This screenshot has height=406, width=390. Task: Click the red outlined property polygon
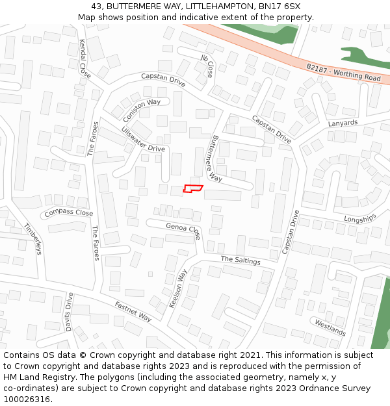click(193, 188)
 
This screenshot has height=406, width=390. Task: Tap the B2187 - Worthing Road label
click(343, 72)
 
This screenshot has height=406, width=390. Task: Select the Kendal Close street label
click(85, 58)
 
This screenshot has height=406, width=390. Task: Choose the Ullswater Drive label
click(143, 139)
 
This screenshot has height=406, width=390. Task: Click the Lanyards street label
click(343, 123)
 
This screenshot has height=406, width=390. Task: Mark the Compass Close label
click(68, 212)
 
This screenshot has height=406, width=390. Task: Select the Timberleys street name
click(32, 238)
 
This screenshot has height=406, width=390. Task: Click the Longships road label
click(359, 219)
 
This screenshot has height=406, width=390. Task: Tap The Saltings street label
click(240, 260)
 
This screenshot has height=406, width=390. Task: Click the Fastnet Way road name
click(133, 311)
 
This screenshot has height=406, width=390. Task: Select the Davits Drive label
click(70, 312)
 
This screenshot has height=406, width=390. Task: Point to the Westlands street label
click(330, 327)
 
